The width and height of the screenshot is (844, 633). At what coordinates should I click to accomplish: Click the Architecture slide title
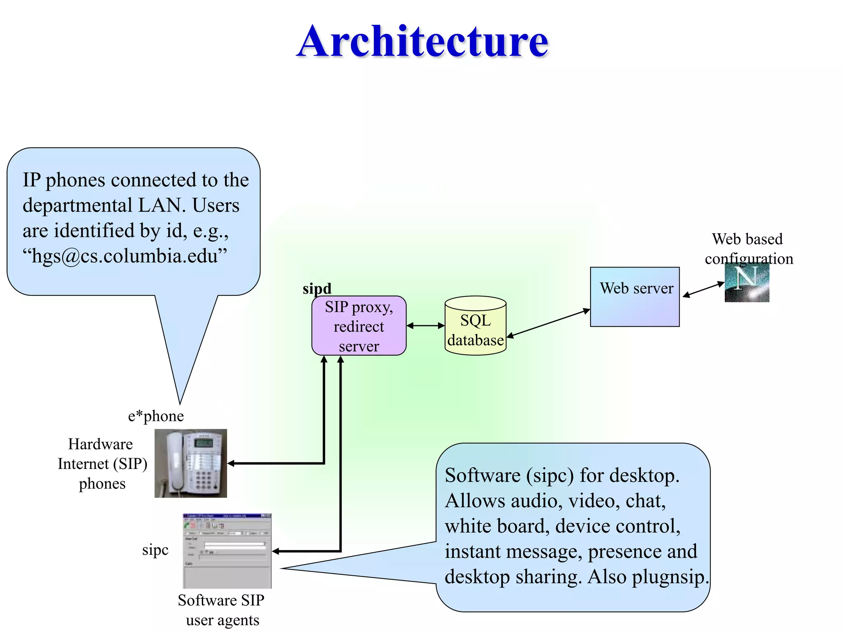(422, 41)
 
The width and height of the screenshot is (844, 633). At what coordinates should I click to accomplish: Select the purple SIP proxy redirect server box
(359, 326)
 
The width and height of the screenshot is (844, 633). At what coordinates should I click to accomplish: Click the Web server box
(635, 297)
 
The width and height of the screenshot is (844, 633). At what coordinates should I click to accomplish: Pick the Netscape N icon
(747, 283)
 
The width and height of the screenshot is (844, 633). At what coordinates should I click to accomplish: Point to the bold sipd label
(317, 288)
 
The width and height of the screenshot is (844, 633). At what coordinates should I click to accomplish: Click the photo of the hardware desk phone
(191, 463)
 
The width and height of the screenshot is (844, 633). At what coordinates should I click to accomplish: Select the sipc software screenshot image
(227, 551)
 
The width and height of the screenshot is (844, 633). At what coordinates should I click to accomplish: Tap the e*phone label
(156, 416)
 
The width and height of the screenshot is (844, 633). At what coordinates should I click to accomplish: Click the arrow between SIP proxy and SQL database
(425, 326)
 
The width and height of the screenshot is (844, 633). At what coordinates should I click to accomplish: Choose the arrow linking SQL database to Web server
(548, 323)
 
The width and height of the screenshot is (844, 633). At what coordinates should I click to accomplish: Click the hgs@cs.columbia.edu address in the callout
(125, 256)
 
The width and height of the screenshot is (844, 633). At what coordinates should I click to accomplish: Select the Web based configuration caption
(748, 249)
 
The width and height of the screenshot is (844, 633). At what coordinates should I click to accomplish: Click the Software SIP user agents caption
(221, 610)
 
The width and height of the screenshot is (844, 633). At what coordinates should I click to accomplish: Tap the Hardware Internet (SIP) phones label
(102, 464)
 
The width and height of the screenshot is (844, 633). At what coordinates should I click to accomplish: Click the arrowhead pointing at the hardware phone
(231, 464)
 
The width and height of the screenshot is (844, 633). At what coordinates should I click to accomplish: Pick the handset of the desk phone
(175, 462)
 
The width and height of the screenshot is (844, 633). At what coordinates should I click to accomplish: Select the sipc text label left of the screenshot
(155, 550)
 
